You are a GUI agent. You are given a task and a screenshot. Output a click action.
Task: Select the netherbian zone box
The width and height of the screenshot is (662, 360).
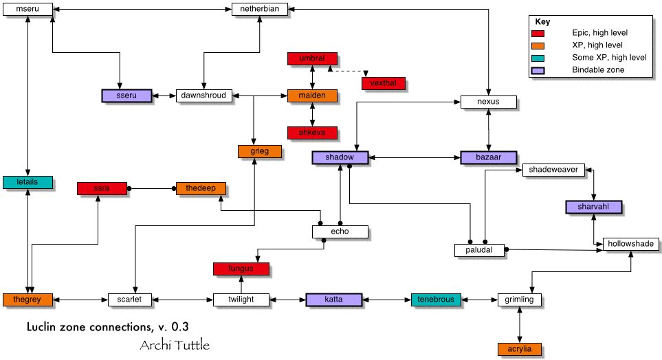click(258, 10)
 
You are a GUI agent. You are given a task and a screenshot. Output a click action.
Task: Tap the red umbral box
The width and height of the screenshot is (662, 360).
click(312, 59)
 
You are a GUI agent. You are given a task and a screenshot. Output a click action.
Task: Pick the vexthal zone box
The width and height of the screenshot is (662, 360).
click(384, 83)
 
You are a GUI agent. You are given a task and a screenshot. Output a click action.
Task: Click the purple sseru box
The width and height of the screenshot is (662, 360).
click(126, 95)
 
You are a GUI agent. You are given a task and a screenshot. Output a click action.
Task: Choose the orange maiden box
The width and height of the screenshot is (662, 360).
click(312, 95)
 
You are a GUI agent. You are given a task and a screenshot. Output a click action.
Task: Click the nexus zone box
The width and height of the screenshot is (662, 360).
click(487, 102)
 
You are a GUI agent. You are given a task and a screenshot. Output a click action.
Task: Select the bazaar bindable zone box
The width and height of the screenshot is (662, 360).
click(487, 157)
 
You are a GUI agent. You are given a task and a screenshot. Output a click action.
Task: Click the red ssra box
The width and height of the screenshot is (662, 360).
click(102, 188)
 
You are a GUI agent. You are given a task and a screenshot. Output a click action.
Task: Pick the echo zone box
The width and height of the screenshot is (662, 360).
click(340, 232)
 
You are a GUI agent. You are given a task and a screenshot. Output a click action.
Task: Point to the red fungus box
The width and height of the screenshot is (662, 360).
click(241, 269)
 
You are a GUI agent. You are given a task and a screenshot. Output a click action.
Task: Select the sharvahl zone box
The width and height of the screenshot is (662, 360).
click(593, 207)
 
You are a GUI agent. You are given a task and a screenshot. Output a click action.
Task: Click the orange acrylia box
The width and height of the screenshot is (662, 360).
click(520, 348)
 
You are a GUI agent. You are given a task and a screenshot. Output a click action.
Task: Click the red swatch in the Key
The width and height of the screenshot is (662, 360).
click(538, 33)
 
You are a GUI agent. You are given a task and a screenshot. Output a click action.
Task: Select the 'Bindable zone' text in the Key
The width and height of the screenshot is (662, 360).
click(596, 70)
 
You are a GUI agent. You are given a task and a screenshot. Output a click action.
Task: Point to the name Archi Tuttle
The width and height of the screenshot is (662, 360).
click(175, 344)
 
